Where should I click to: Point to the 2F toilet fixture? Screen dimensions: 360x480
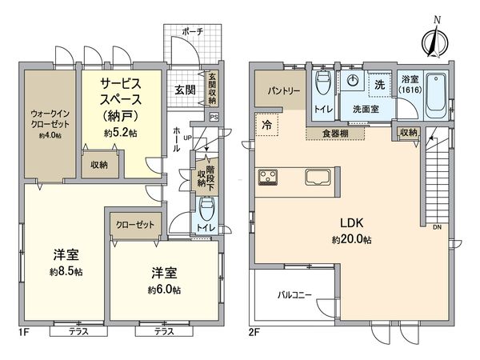(x=324, y=83)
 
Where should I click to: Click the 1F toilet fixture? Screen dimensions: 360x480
(x=206, y=211)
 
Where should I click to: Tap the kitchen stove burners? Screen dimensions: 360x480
(x=266, y=178)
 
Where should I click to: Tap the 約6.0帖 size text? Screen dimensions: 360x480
(x=164, y=289)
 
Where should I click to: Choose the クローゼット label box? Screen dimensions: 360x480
(x=134, y=225)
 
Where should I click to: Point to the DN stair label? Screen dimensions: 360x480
(x=435, y=226)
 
